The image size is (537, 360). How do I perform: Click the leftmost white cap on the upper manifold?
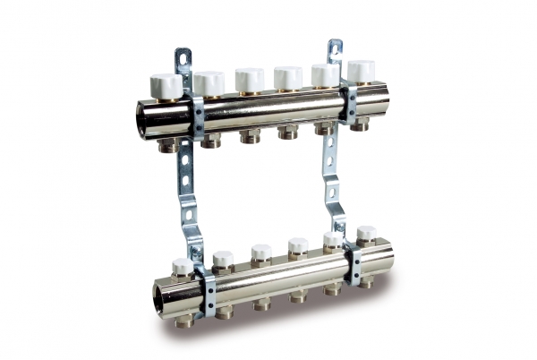tap(166, 86)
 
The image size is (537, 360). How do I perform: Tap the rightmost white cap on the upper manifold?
tap(361, 72)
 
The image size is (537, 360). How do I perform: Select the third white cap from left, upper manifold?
tap(250, 79)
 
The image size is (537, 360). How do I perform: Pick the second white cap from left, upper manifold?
tap(209, 83)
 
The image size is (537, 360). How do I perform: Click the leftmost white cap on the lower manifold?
tap(183, 266)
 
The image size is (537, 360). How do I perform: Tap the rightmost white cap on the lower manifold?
tap(366, 235)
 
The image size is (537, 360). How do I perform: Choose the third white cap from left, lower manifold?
tap(261, 253)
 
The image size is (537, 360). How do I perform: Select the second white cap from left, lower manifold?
tap(223, 260)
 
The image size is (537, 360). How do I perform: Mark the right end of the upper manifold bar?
tap(380, 100)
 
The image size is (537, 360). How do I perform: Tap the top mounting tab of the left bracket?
tap(183, 60)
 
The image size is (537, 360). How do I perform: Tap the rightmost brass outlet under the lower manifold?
tap(366, 281)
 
